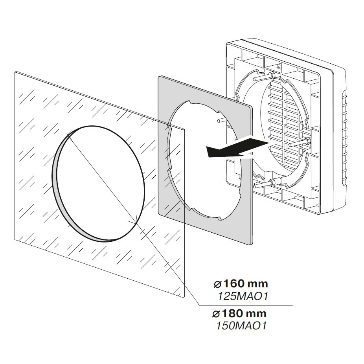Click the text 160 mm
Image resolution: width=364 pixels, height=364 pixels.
pos(244,284)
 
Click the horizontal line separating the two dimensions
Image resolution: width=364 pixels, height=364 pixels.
pos(244,305)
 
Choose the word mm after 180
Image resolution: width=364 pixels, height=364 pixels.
pos(256,314)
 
